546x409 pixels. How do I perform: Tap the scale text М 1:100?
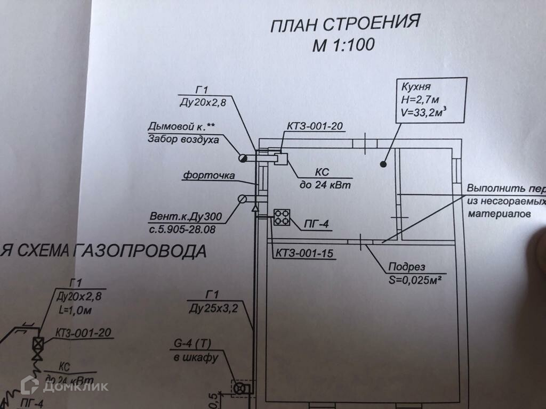343,45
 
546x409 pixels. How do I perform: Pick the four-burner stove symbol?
281,217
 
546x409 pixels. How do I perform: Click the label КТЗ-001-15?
304,253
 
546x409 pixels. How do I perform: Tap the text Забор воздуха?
183,140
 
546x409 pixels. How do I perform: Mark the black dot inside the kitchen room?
383,165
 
